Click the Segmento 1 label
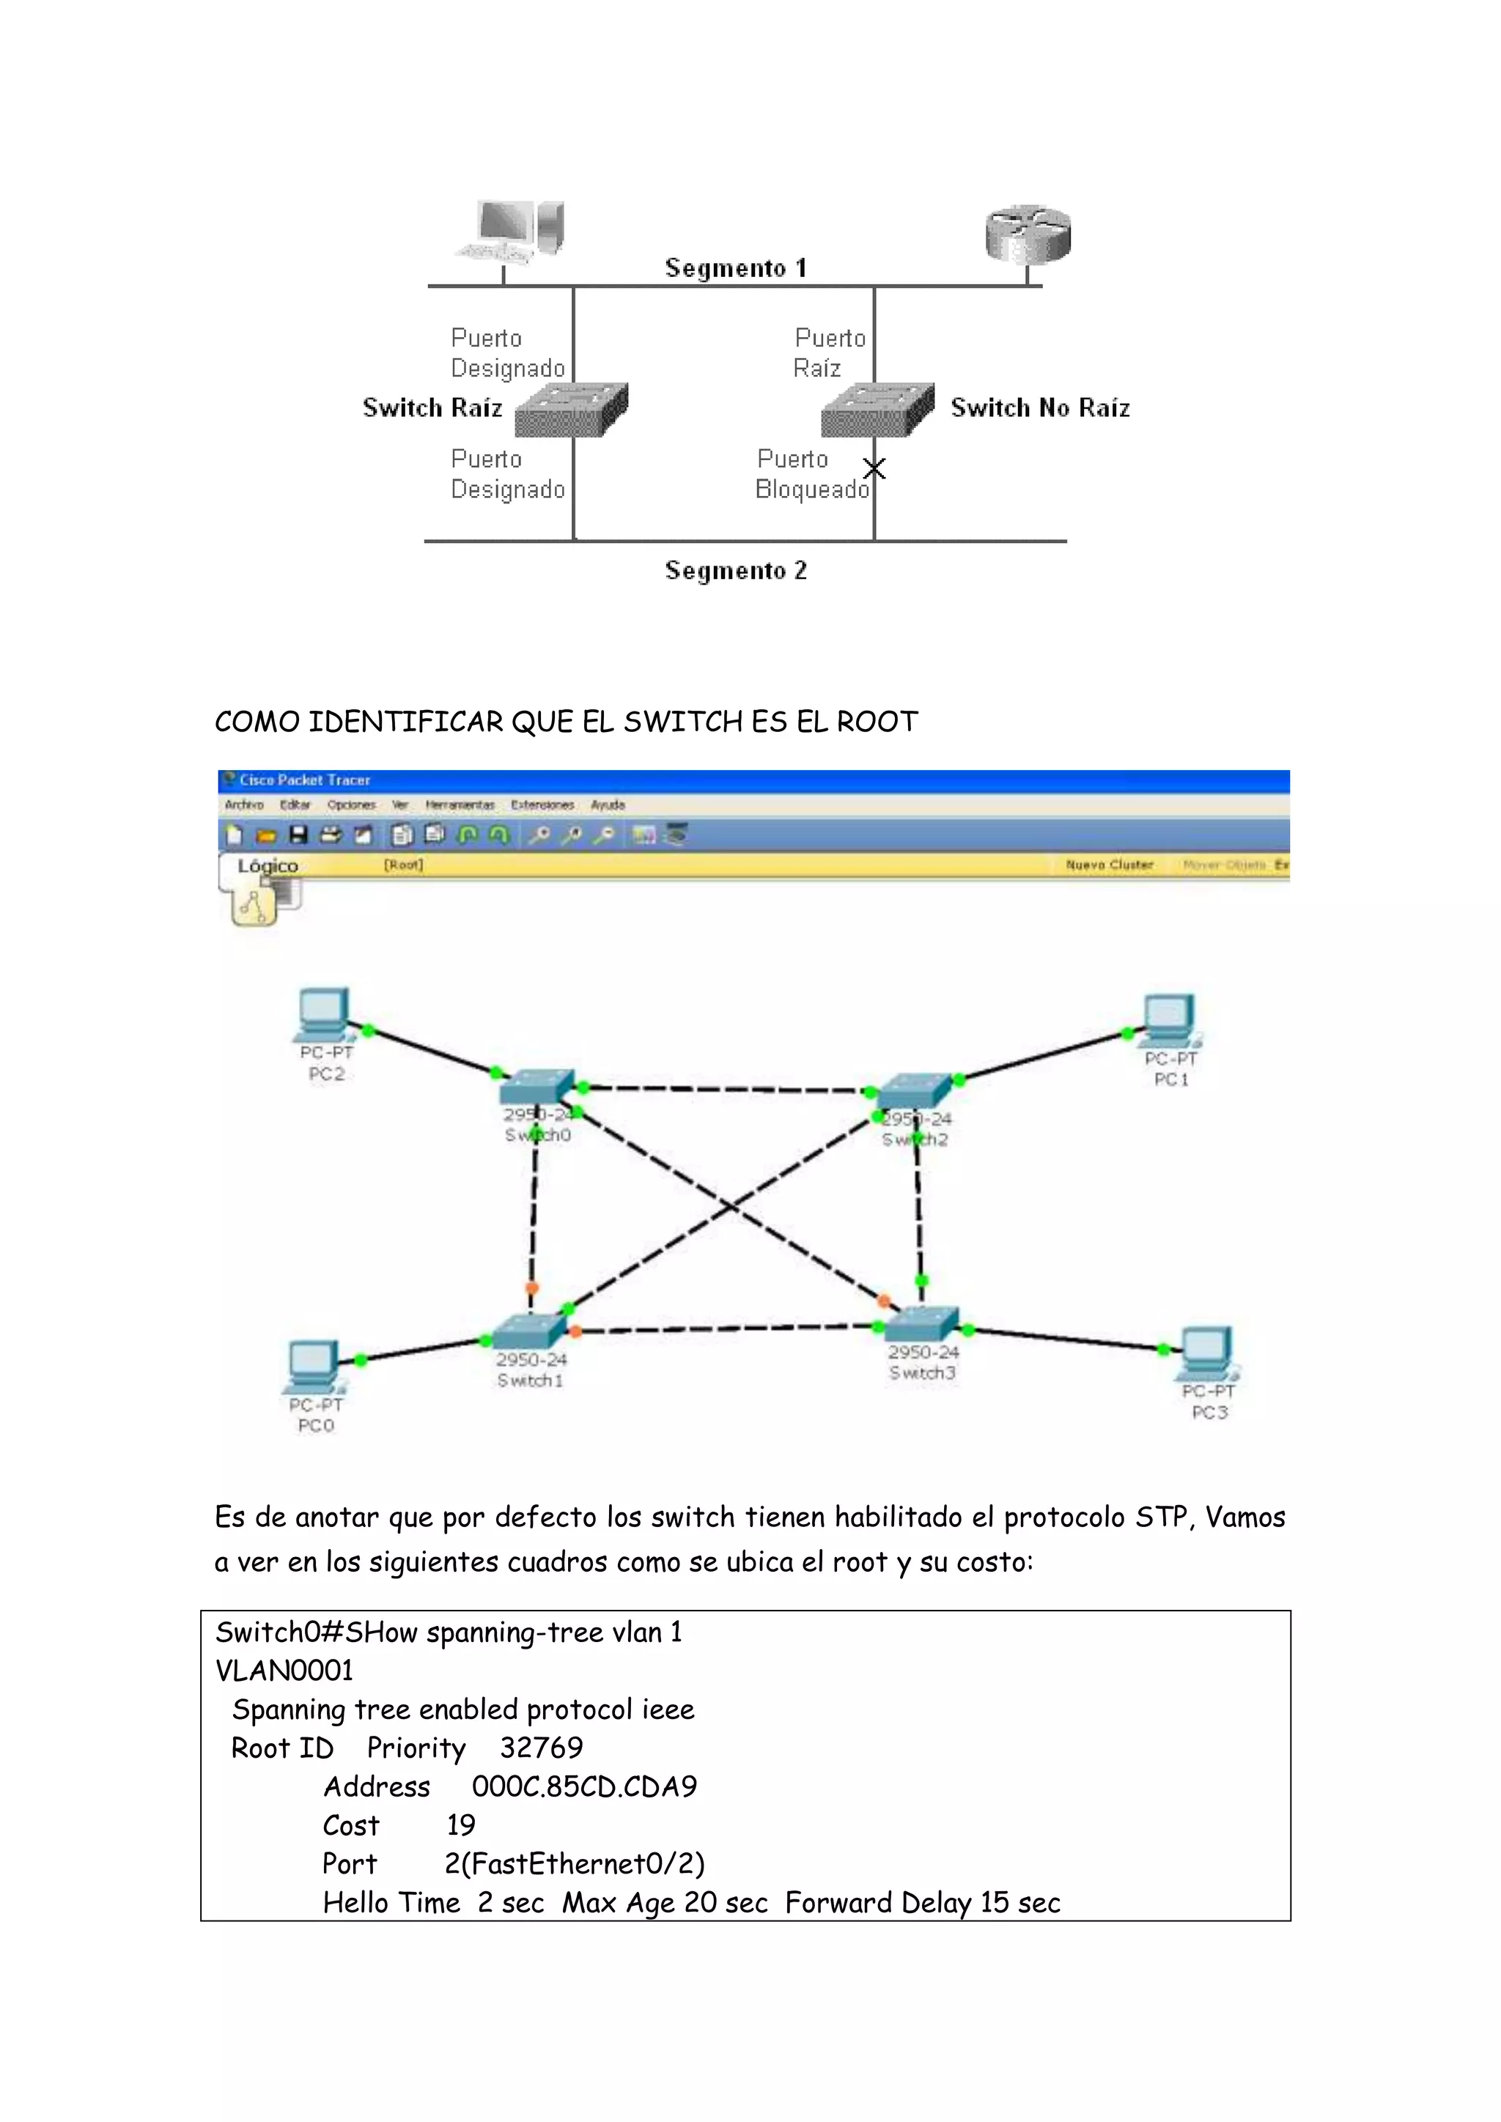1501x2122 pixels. click(736, 268)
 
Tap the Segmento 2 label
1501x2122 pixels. click(736, 570)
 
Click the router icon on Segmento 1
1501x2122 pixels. click(1028, 234)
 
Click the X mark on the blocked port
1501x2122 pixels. click(874, 468)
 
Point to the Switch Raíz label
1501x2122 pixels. click(432, 407)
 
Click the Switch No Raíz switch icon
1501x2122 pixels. click(877, 410)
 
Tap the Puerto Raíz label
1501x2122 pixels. click(829, 353)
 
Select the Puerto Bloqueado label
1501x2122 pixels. click(811, 474)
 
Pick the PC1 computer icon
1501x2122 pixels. click(1170, 1021)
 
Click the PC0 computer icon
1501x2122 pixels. click(314, 1366)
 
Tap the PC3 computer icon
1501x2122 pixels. click(1207, 1353)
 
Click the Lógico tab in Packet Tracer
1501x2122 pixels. click(267, 866)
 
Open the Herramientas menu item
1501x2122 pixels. click(460, 805)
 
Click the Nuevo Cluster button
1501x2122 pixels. click(1108, 865)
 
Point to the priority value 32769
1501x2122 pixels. click(541, 1748)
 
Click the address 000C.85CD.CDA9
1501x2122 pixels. click(584, 1786)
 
